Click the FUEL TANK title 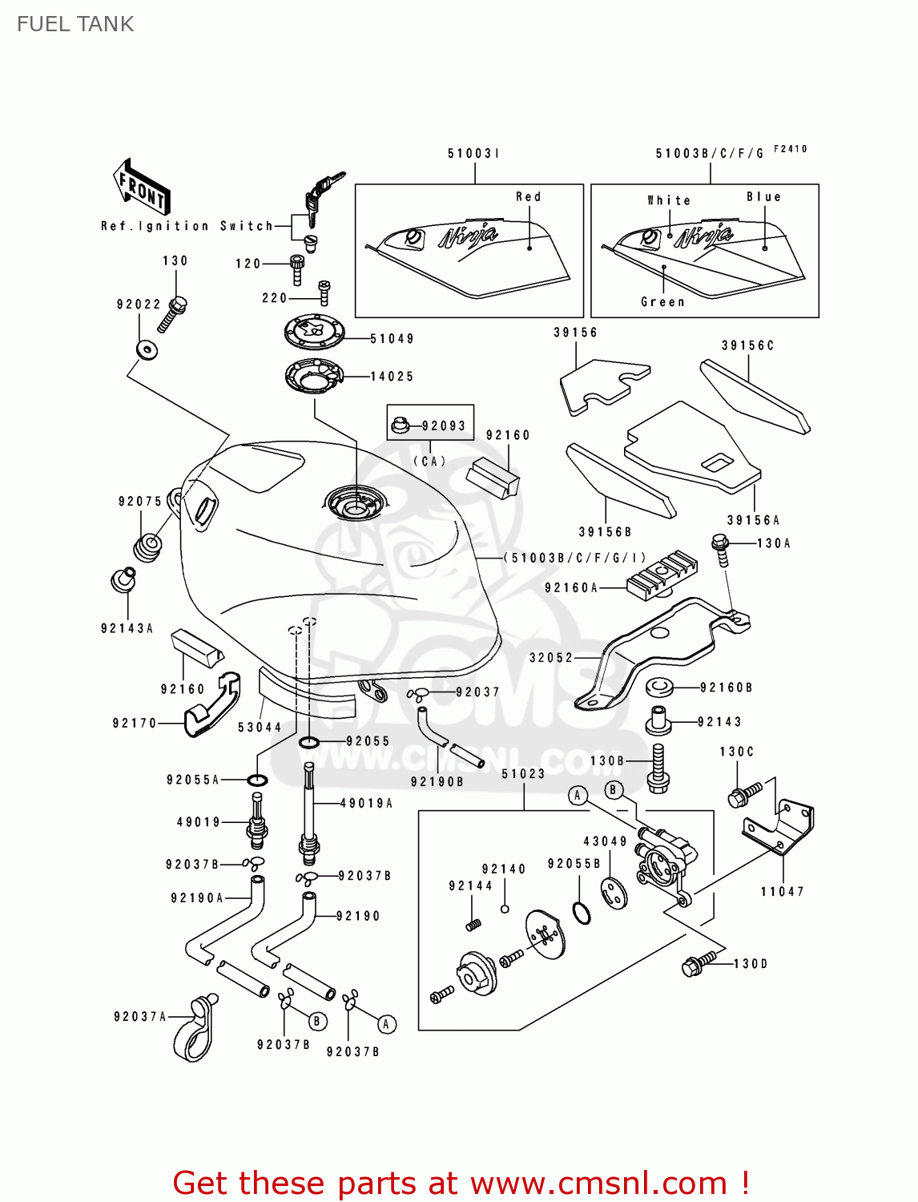coord(75,24)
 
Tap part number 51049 coord(392,339)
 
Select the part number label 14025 coord(392,377)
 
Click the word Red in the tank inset coord(528,197)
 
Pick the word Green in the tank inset coord(662,302)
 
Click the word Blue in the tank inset coord(763,197)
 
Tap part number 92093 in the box coord(444,426)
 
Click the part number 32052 coord(551,658)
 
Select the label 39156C coord(747,346)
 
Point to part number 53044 coord(260,728)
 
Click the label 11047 coord(782,892)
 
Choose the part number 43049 coord(605,841)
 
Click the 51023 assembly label coord(523,774)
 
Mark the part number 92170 coord(135,724)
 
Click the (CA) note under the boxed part coord(429,462)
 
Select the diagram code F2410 coord(791,149)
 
